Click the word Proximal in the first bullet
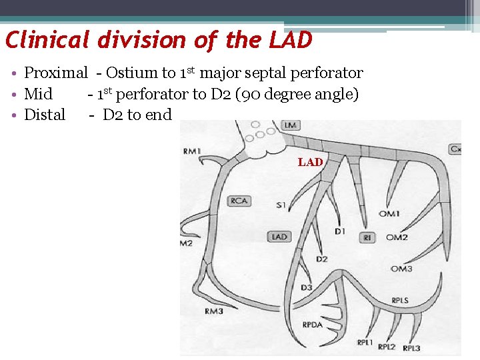click(x=55, y=73)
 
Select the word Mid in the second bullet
click(x=38, y=94)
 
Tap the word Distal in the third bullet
click(x=45, y=115)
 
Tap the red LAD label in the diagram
click(x=310, y=162)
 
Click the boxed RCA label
click(x=239, y=201)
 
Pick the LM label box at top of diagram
click(x=290, y=125)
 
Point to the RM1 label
click(x=191, y=151)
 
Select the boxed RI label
click(x=367, y=237)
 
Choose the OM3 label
click(x=401, y=269)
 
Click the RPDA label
click(x=313, y=325)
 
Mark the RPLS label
click(x=400, y=301)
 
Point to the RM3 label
click(x=214, y=311)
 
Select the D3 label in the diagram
click(x=306, y=287)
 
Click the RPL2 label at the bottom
click(x=387, y=347)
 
